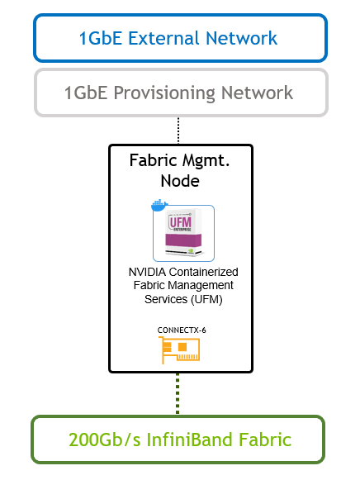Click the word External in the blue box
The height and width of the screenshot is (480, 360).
(x=164, y=38)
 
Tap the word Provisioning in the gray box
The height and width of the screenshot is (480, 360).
(x=164, y=93)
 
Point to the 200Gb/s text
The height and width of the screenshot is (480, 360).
(x=104, y=440)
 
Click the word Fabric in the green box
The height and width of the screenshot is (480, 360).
(x=265, y=440)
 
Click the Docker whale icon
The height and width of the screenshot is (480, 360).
(x=159, y=205)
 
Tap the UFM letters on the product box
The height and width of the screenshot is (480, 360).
(x=181, y=221)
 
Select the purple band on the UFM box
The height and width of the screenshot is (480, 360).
(x=183, y=240)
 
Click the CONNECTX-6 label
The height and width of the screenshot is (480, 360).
(x=182, y=330)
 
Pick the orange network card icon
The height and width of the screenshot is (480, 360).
(x=179, y=350)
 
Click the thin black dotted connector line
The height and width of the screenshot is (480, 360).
(x=178, y=130)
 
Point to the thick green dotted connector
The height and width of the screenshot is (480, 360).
(x=178, y=394)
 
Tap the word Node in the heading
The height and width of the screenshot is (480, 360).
(x=180, y=181)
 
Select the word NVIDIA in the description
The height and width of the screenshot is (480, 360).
(x=147, y=272)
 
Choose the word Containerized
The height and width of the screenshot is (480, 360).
(x=203, y=272)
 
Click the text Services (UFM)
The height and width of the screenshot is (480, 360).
(x=183, y=299)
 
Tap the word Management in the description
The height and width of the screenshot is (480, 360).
(x=201, y=286)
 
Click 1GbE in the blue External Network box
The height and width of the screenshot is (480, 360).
(x=101, y=38)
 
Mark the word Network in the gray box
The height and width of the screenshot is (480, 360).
(x=257, y=93)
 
